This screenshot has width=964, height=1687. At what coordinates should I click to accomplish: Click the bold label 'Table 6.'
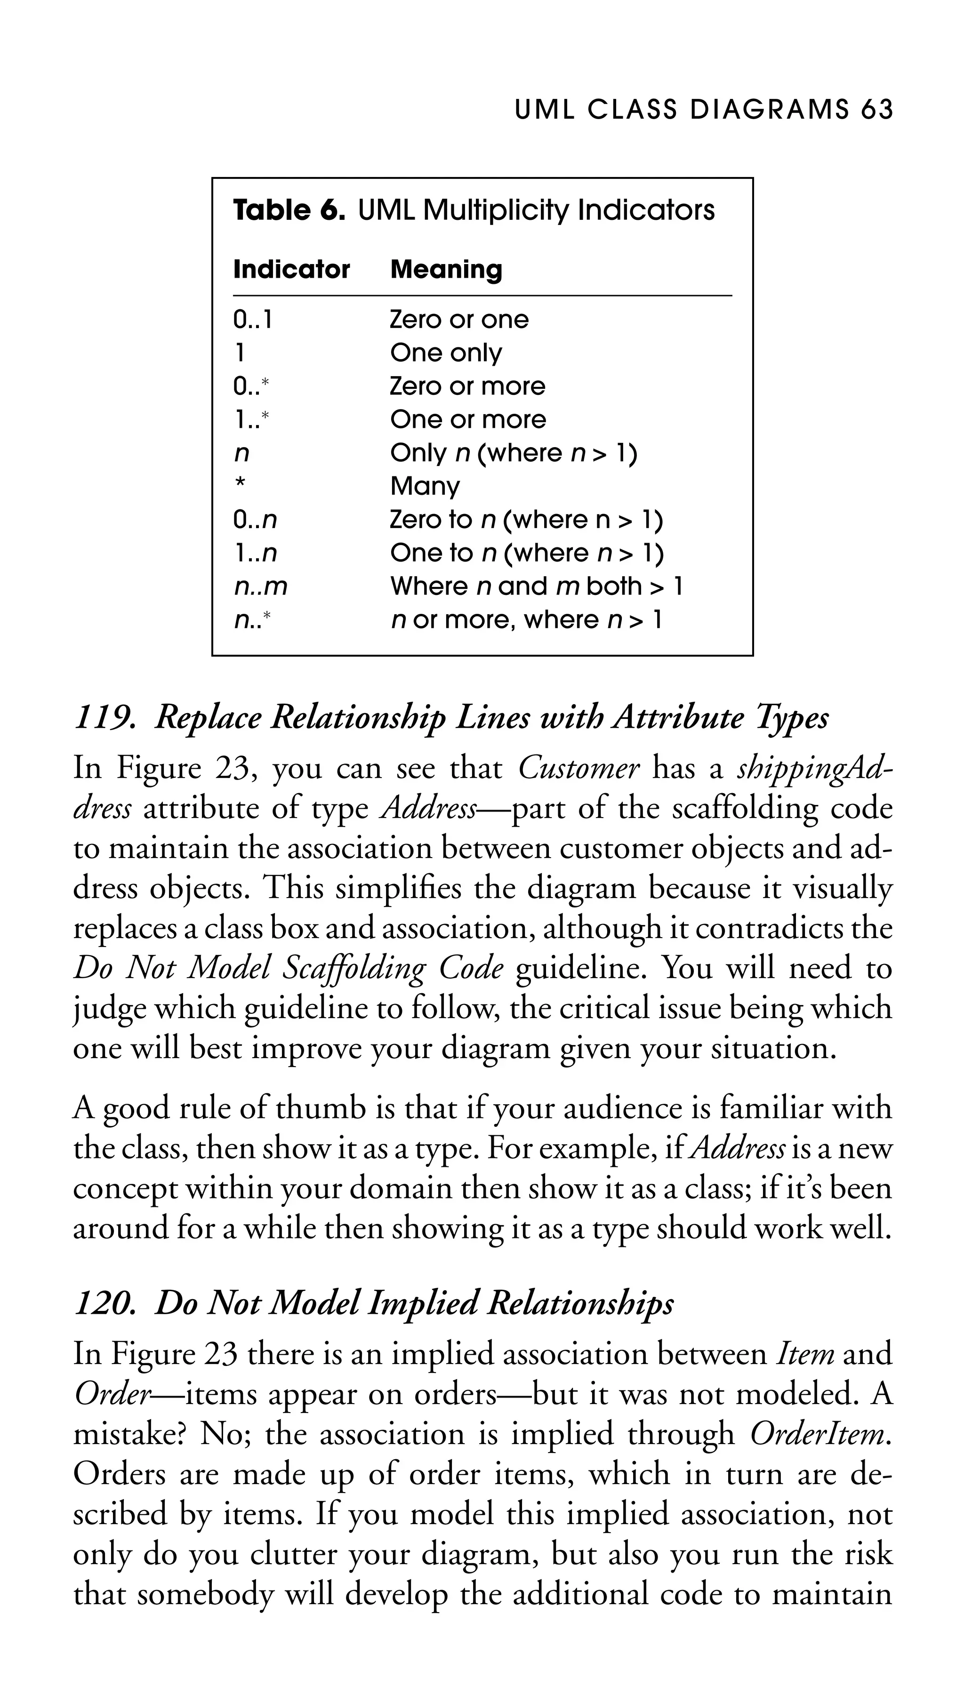point(289,210)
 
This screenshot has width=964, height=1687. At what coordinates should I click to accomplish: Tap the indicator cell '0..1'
point(252,321)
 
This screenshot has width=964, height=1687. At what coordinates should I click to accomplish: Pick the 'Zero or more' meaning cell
point(467,386)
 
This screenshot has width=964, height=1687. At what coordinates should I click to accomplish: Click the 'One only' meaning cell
point(446,353)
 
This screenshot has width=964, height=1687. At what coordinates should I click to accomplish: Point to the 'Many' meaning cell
point(425,487)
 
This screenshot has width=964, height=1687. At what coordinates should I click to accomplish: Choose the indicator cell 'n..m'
point(260,586)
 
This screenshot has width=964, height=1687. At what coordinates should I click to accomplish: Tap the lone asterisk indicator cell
point(240,484)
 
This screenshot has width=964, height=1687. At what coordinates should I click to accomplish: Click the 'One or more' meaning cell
point(468,420)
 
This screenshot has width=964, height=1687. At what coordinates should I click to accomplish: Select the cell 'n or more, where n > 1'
point(526,620)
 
